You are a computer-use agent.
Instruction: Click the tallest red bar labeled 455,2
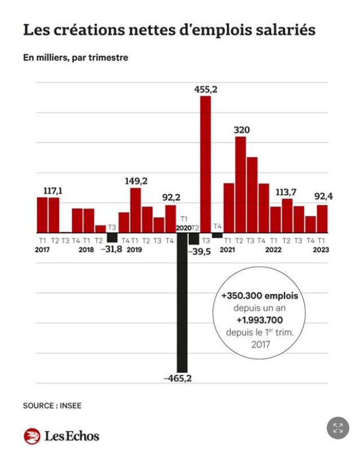tap(206, 164)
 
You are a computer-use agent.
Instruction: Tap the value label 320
tap(242, 130)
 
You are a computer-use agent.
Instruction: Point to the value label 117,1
tap(52, 191)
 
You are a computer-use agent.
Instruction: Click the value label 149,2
tap(136, 181)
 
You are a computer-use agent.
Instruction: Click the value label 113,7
tap(287, 192)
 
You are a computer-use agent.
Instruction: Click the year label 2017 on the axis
tap(42, 249)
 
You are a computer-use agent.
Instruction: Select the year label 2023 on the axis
tap(321, 249)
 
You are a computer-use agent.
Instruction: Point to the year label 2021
tap(227, 249)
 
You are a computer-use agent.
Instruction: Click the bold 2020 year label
tap(183, 227)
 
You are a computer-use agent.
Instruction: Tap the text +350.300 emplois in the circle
tap(259, 296)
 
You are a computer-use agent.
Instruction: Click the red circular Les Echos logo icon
tap(32, 436)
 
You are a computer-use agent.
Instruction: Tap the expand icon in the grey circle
tap(338, 428)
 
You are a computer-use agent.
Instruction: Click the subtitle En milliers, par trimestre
tap(75, 58)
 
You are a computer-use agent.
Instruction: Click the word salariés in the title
tap(286, 30)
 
